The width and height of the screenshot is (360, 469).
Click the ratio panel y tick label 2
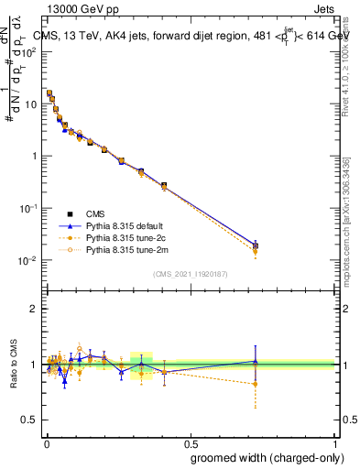(34, 309)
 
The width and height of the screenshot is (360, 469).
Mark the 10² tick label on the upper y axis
(30, 52)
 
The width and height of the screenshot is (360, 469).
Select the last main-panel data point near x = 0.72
(255, 245)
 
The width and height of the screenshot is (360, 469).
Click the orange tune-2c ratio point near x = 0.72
(255, 384)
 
